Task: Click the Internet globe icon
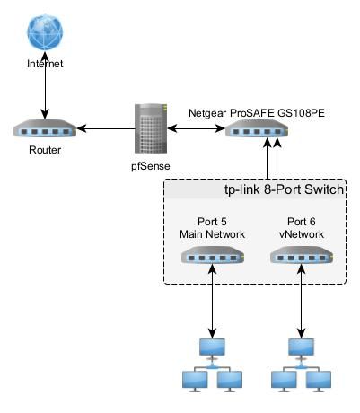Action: tap(45, 32)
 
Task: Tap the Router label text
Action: tap(45, 150)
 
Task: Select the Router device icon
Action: tap(45, 128)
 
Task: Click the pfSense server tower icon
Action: tap(151, 128)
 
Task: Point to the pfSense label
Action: tap(151, 165)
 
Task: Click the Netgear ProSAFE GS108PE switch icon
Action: tap(257, 128)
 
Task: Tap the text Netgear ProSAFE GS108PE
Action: tap(257, 113)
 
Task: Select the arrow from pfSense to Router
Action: tap(106, 128)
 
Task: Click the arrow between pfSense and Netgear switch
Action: tap(196, 128)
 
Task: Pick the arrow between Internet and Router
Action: tap(45, 85)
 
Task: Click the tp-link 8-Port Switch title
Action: tap(285, 189)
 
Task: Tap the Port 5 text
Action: tap(212, 222)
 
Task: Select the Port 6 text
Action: tap(302, 222)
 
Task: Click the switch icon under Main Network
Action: tap(213, 255)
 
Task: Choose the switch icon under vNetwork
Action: tap(302, 255)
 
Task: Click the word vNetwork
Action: tap(302, 234)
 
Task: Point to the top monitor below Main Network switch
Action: tap(212, 348)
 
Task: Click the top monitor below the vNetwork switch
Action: tap(302, 348)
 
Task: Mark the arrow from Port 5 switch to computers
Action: tap(212, 301)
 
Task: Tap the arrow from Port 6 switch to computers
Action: tap(302, 301)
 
